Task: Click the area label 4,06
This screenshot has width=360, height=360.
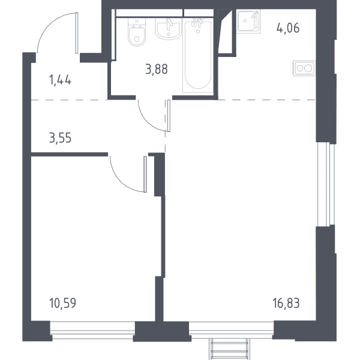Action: click(288, 28)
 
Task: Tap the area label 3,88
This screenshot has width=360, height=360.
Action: click(157, 69)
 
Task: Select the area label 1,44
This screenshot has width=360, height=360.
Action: click(60, 80)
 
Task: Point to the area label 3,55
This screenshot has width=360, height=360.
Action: click(60, 138)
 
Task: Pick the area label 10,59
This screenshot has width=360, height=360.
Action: click(62, 303)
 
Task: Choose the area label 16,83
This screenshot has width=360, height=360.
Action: click(286, 303)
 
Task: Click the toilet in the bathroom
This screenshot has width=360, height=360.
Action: click(137, 32)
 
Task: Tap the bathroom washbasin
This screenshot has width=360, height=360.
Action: click(169, 28)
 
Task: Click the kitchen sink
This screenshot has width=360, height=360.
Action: click(248, 22)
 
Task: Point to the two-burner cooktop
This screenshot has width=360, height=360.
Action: click(304, 68)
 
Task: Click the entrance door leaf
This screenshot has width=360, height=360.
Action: click(77, 33)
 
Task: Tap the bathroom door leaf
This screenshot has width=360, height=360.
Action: click(169, 115)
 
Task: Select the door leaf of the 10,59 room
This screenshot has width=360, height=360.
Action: click(145, 174)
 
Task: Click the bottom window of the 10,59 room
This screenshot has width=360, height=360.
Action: click(92, 331)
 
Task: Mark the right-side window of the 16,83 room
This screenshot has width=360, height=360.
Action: click(326, 185)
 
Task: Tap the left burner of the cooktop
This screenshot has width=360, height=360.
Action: click(300, 68)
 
